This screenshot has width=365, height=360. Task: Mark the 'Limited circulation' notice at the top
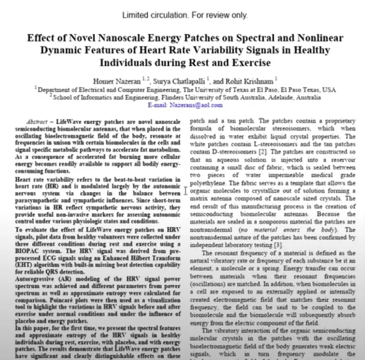coord(184,15)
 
